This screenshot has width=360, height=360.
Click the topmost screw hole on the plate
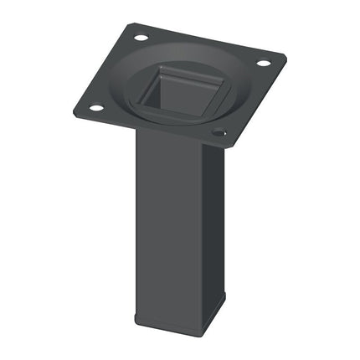point(140,39)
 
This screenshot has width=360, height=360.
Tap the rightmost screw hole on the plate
point(263,63)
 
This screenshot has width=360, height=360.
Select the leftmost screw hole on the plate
point(95,108)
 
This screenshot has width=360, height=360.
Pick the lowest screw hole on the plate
point(219,132)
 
